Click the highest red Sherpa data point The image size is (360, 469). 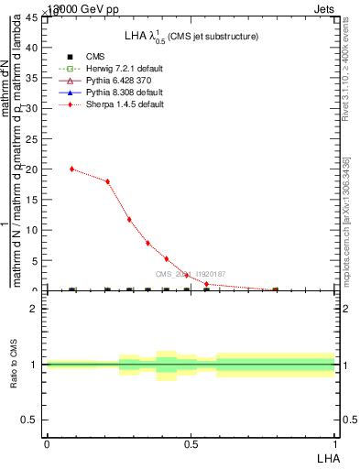(72, 169)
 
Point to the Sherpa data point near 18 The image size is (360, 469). (108, 181)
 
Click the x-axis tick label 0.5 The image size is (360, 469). (191, 443)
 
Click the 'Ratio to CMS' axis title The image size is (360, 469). (15, 365)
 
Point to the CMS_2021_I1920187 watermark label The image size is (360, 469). (190, 274)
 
